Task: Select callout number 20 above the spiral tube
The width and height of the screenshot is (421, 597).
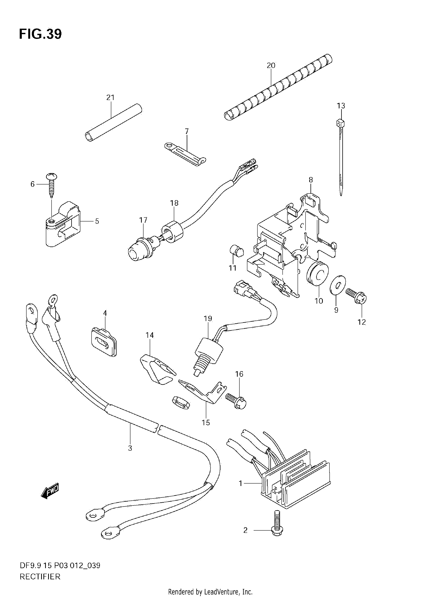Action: pyautogui.click(x=271, y=65)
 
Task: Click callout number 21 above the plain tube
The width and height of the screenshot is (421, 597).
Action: pyautogui.click(x=110, y=98)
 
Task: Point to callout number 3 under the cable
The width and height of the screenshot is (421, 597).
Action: pyautogui.click(x=130, y=448)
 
